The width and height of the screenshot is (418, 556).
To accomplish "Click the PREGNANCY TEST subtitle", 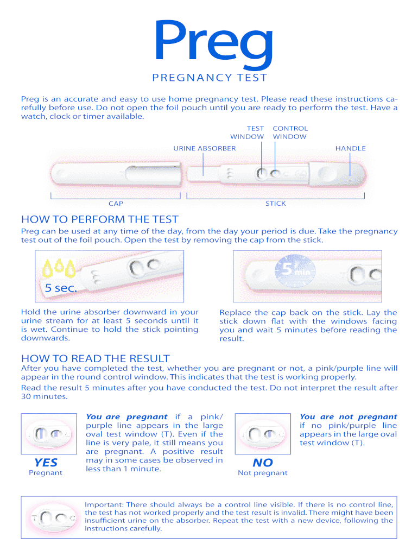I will click(210, 78).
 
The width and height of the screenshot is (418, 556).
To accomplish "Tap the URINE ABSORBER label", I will click(204, 148).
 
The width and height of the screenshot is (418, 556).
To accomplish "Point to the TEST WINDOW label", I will click(247, 132).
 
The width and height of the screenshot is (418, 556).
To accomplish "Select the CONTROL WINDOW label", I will click(290, 132).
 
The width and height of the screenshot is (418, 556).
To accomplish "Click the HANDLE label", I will click(350, 148).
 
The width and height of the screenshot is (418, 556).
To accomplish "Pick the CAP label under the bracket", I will click(116, 204).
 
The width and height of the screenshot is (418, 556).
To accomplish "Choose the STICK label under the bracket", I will click(275, 204).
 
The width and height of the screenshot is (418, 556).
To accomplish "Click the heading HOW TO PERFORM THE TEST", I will click(99, 219).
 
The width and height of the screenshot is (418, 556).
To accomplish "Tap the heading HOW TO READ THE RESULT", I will click(95, 358).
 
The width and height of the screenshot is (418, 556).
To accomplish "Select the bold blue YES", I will click(46, 462).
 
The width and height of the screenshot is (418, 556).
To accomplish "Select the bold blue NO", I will click(263, 463).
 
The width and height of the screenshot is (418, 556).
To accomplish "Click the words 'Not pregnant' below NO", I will click(263, 473).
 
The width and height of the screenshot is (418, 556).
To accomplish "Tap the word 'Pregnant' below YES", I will click(46, 472).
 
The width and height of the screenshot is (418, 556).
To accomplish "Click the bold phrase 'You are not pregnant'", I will click(348, 416).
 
